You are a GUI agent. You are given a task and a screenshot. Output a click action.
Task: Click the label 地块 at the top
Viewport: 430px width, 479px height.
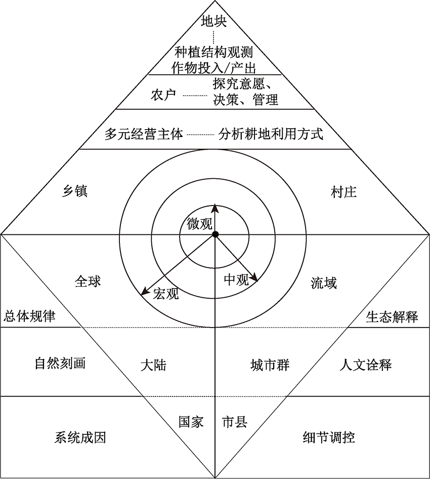pos(213,21)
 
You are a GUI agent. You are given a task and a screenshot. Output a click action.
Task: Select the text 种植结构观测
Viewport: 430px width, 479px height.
pos(213,52)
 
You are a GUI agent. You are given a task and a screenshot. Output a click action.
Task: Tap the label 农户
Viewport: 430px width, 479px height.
pos(163,95)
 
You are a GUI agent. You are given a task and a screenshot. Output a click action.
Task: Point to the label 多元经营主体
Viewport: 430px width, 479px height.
pos(144,134)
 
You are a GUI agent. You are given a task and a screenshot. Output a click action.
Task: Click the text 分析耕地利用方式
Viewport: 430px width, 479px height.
pos(271,134)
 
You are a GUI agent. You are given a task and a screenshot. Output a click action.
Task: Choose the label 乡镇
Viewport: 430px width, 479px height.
pos(75,191)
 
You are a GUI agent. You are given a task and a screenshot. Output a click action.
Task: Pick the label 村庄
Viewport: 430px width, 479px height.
pos(343,192)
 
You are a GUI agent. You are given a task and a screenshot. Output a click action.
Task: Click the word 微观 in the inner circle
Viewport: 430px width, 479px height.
pos(200,224)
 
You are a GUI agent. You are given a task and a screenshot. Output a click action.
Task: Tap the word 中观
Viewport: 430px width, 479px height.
pos(237,280)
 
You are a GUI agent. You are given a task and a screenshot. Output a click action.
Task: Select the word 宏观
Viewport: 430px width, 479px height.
pos(166,293)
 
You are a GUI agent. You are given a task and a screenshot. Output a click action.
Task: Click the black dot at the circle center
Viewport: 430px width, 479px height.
pos(216,234)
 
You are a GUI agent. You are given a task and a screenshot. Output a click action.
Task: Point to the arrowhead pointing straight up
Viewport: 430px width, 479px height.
pos(215,208)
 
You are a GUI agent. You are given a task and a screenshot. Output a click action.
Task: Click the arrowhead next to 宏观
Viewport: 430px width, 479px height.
pos(145,291)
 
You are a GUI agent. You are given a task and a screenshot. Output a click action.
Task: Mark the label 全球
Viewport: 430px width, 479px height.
pos(88,281)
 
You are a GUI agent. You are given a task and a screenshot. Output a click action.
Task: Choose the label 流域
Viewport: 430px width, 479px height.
pos(324,283)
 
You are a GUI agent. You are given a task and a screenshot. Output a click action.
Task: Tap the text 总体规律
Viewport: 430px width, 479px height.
pos(30,316)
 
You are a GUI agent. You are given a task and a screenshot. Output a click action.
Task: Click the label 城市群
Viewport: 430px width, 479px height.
pos(270,365)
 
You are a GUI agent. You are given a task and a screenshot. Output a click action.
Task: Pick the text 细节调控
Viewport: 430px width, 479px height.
pos(329,437)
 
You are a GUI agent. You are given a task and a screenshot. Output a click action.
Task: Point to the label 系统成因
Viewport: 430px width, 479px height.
pos(80,437)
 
